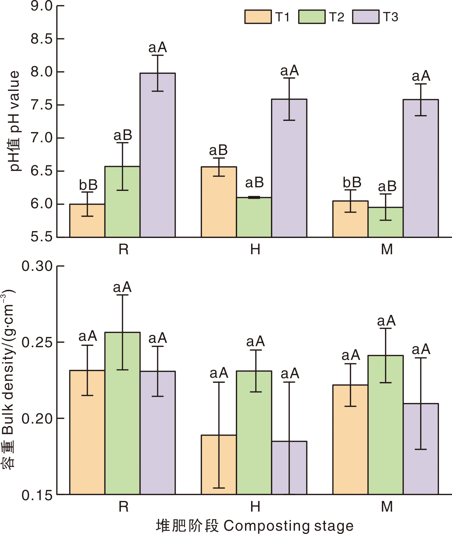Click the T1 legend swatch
coord(258,17)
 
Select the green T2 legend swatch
coord(312,17)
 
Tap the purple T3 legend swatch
coord(366,17)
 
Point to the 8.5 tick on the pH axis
coord(41,39)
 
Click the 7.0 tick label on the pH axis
coord(41,138)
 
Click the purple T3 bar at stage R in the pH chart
coord(158,159)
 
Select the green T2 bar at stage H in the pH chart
coord(254,217)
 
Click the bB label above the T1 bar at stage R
coord(88,185)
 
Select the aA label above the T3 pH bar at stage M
coord(421,76)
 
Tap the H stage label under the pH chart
coord(255,249)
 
